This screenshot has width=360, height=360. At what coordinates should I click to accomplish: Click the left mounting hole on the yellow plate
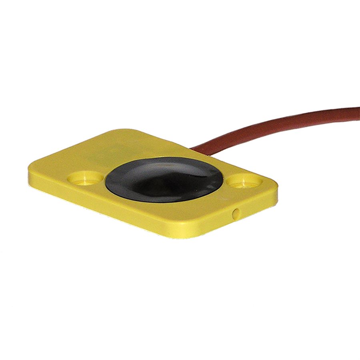click(x=85, y=178)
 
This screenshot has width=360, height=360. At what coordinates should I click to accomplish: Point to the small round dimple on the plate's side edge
click(x=236, y=214)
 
